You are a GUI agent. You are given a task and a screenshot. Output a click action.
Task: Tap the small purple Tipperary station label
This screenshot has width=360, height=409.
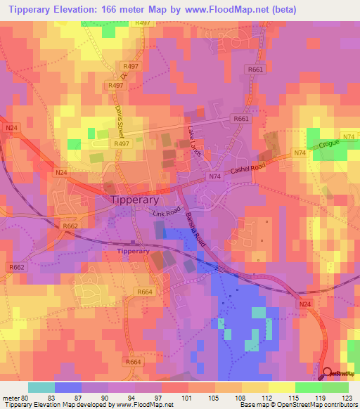point(133,251)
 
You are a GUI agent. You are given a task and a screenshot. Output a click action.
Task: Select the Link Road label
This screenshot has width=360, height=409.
point(167,212)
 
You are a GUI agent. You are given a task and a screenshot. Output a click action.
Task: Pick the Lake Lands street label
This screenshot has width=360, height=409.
point(194,141)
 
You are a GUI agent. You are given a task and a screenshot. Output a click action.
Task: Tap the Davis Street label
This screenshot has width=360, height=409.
point(119,120)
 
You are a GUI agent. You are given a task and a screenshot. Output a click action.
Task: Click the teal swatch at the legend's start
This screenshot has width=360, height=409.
point(41,387)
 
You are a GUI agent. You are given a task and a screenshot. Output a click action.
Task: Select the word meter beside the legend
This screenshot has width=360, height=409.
point(11,398)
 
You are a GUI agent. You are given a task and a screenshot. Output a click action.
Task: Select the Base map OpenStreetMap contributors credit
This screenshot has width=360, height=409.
point(298,405)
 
